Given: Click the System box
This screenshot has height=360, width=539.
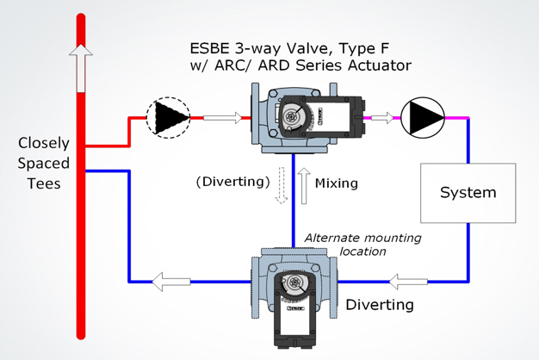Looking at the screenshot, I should pos(468,191).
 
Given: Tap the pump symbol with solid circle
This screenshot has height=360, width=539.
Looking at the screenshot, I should pos(423,117).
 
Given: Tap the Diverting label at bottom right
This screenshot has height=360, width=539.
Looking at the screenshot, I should pos(380,305).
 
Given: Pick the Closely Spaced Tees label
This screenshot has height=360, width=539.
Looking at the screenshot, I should pos(43,163).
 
